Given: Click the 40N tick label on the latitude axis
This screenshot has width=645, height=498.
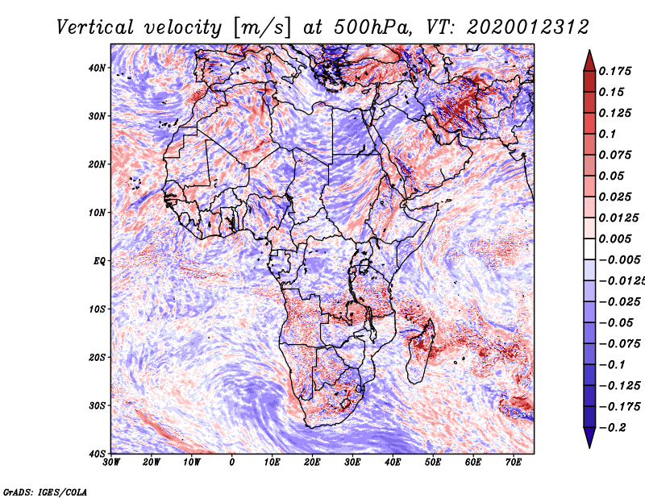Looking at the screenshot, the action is pyautogui.click(x=97, y=68).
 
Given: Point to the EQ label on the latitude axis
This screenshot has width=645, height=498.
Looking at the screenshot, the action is pyautogui.click(x=99, y=261).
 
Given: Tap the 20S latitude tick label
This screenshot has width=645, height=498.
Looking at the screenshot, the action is pyautogui.click(x=97, y=357).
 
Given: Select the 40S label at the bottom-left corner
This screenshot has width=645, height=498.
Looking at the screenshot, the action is pyautogui.click(x=97, y=454).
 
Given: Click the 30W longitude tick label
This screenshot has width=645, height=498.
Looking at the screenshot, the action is pyautogui.click(x=111, y=463).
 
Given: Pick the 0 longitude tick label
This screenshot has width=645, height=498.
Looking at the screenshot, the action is pyautogui.click(x=232, y=463).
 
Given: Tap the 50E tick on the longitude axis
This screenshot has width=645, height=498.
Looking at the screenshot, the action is pyautogui.click(x=433, y=463).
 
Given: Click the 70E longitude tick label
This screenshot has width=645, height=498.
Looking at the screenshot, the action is pyautogui.click(x=513, y=463).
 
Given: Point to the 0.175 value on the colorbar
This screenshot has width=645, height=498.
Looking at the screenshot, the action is pyautogui.click(x=615, y=71).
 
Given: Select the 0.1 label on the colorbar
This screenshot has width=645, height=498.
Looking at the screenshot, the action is pyautogui.click(x=607, y=134).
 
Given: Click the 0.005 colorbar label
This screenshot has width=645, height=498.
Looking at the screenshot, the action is pyautogui.click(x=615, y=239).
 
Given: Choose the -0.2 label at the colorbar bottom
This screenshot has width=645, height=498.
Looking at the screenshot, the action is pyautogui.click(x=612, y=428).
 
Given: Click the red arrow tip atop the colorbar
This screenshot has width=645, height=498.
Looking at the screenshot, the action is pyautogui.click(x=589, y=51).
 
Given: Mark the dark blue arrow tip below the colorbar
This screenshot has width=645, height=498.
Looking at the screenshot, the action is pyautogui.click(x=589, y=447).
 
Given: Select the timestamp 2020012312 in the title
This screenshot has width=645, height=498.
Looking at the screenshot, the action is pyautogui.click(x=528, y=27).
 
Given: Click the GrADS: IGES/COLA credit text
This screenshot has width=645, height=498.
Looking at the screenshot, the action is pyautogui.click(x=45, y=492).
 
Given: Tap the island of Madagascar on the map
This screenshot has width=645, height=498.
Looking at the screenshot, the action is pyautogui.click(x=420, y=352).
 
